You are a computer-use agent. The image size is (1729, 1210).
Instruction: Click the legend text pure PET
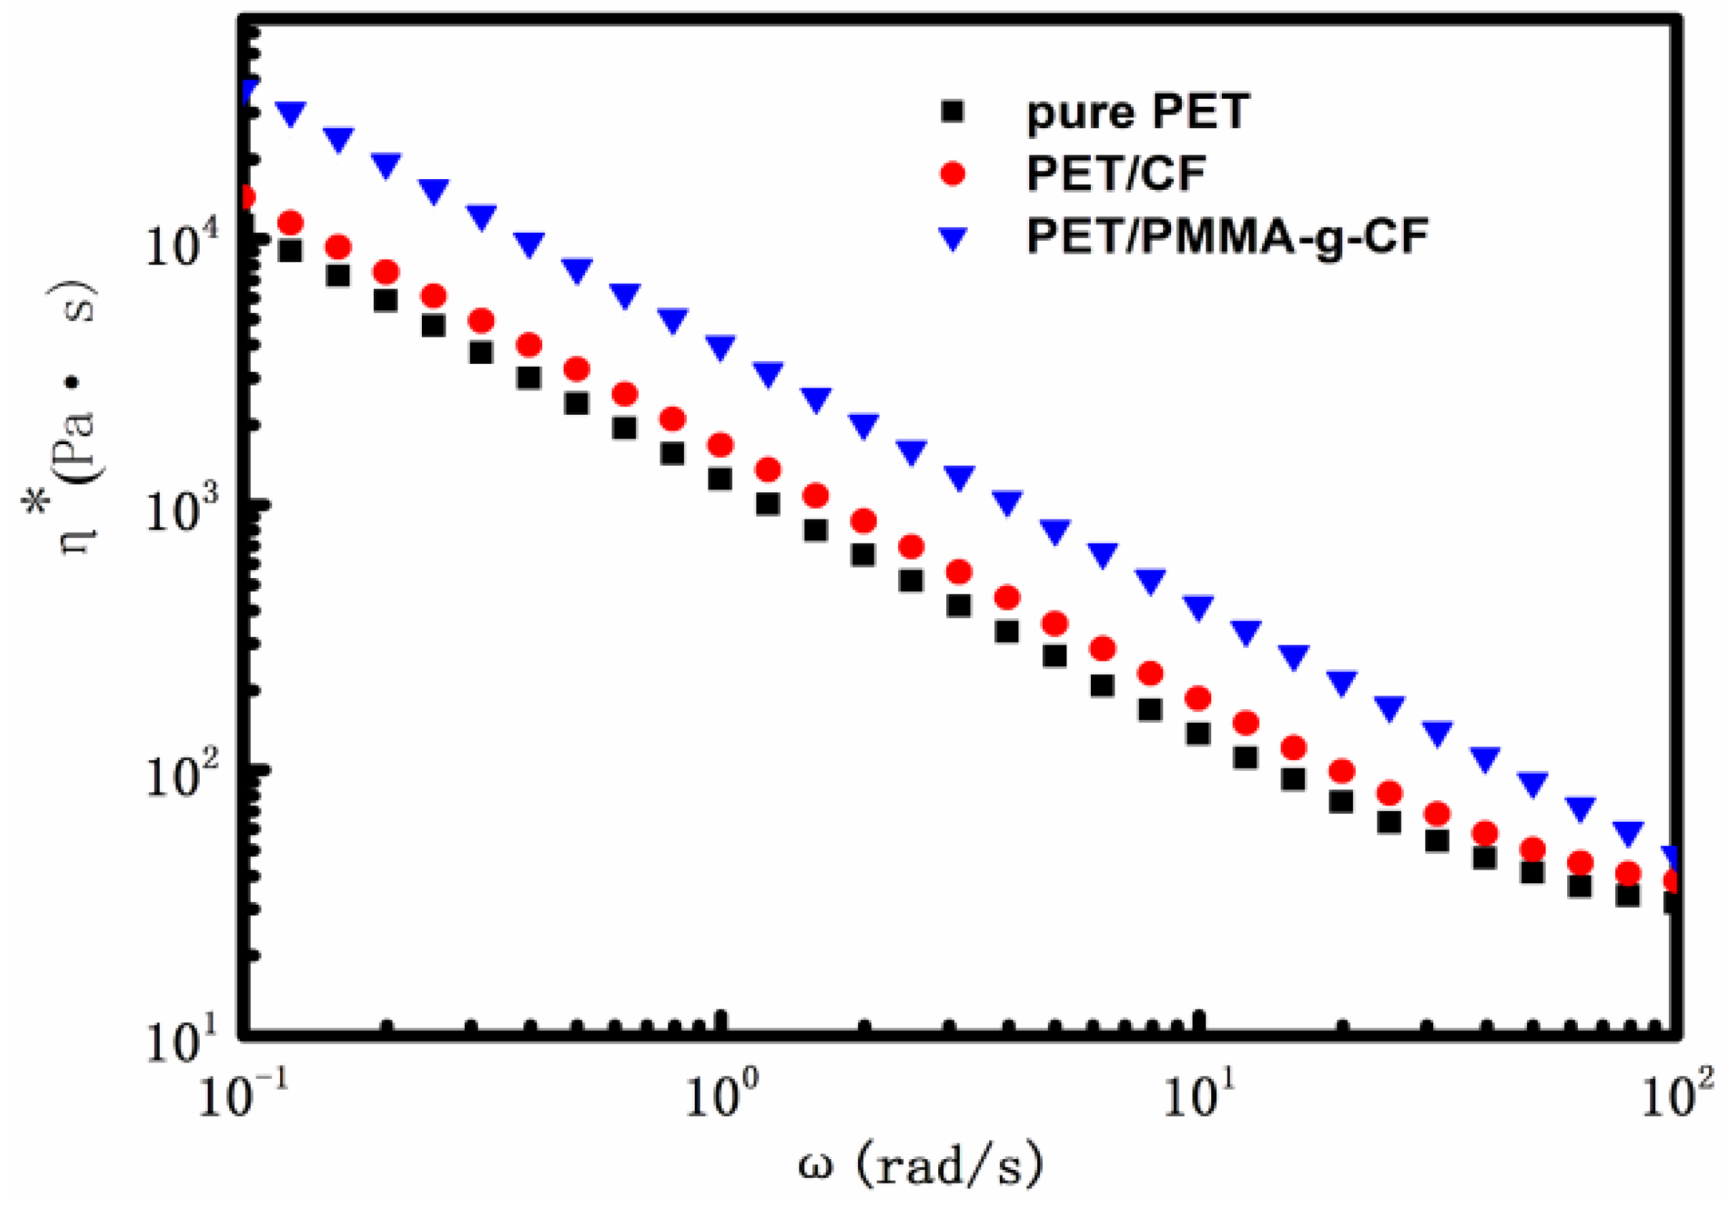[x=1138, y=113]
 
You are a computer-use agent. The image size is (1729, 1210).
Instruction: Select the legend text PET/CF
[x=1116, y=174]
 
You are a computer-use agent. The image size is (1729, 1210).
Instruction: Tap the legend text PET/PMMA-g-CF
[x=1228, y=236]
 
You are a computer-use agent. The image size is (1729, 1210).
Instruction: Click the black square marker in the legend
[x=953, y=112]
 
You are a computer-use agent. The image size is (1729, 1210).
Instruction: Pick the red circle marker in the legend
[x=953, y=174]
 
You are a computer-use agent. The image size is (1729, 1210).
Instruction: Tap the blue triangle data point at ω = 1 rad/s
[x=721, y=347]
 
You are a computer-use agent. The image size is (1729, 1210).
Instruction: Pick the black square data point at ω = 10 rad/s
[x=1198, y=733]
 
